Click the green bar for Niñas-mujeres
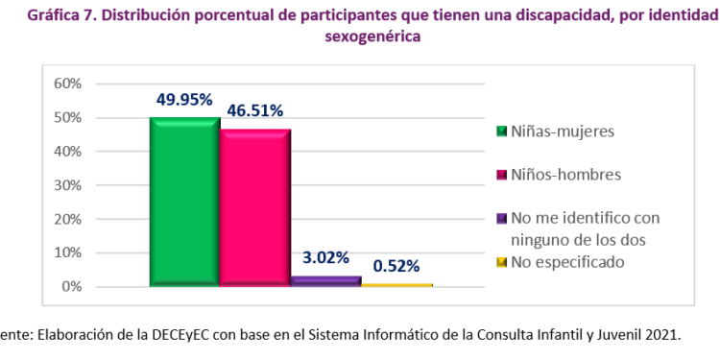184,202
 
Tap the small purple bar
326,280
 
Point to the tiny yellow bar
396,284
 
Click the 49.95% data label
185,99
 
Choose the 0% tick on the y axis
71,287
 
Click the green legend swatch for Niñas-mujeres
500,131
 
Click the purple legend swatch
500,219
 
